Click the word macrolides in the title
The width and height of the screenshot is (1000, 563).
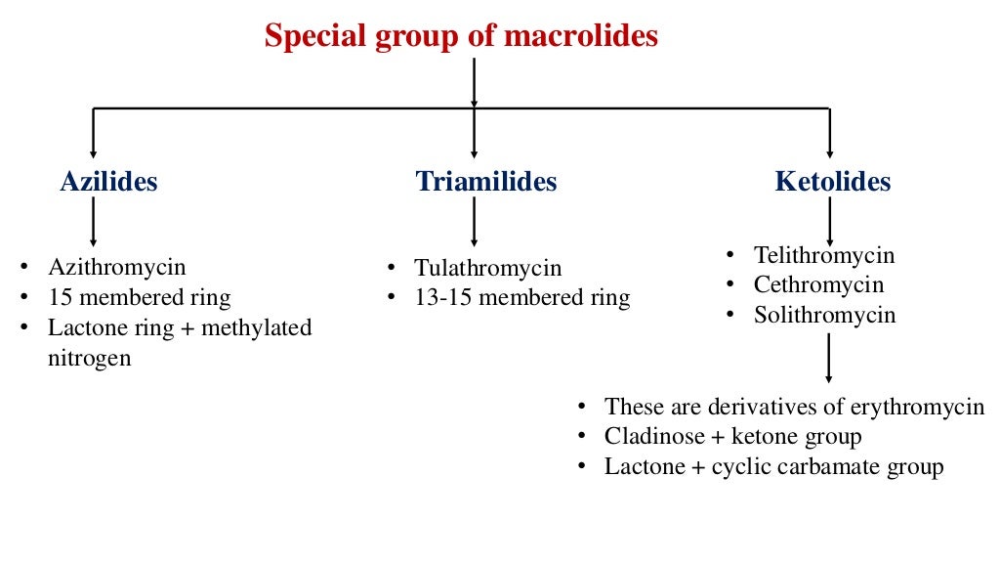click(x=581, y=37)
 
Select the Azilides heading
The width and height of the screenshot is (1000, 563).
click(x=108, y=182)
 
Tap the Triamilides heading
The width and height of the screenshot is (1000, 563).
click(x=486, y=182)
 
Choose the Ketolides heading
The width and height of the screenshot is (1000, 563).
click(x=833, y=182)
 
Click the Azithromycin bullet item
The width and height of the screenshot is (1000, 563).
click(x=116, y=267)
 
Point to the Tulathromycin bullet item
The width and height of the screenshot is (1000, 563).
click(x=487, y=268)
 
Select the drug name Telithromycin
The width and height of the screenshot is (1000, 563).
click(x=824, y=255)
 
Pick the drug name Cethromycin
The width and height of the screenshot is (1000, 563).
click(x=818, y=285)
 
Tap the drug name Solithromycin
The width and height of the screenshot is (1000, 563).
click(x=824, y=316)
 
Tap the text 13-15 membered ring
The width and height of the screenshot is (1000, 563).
click(x=521, y=298)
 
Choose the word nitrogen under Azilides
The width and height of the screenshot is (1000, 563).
click(x=89, y=358)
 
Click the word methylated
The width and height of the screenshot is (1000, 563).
click(x=258, y=327)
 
